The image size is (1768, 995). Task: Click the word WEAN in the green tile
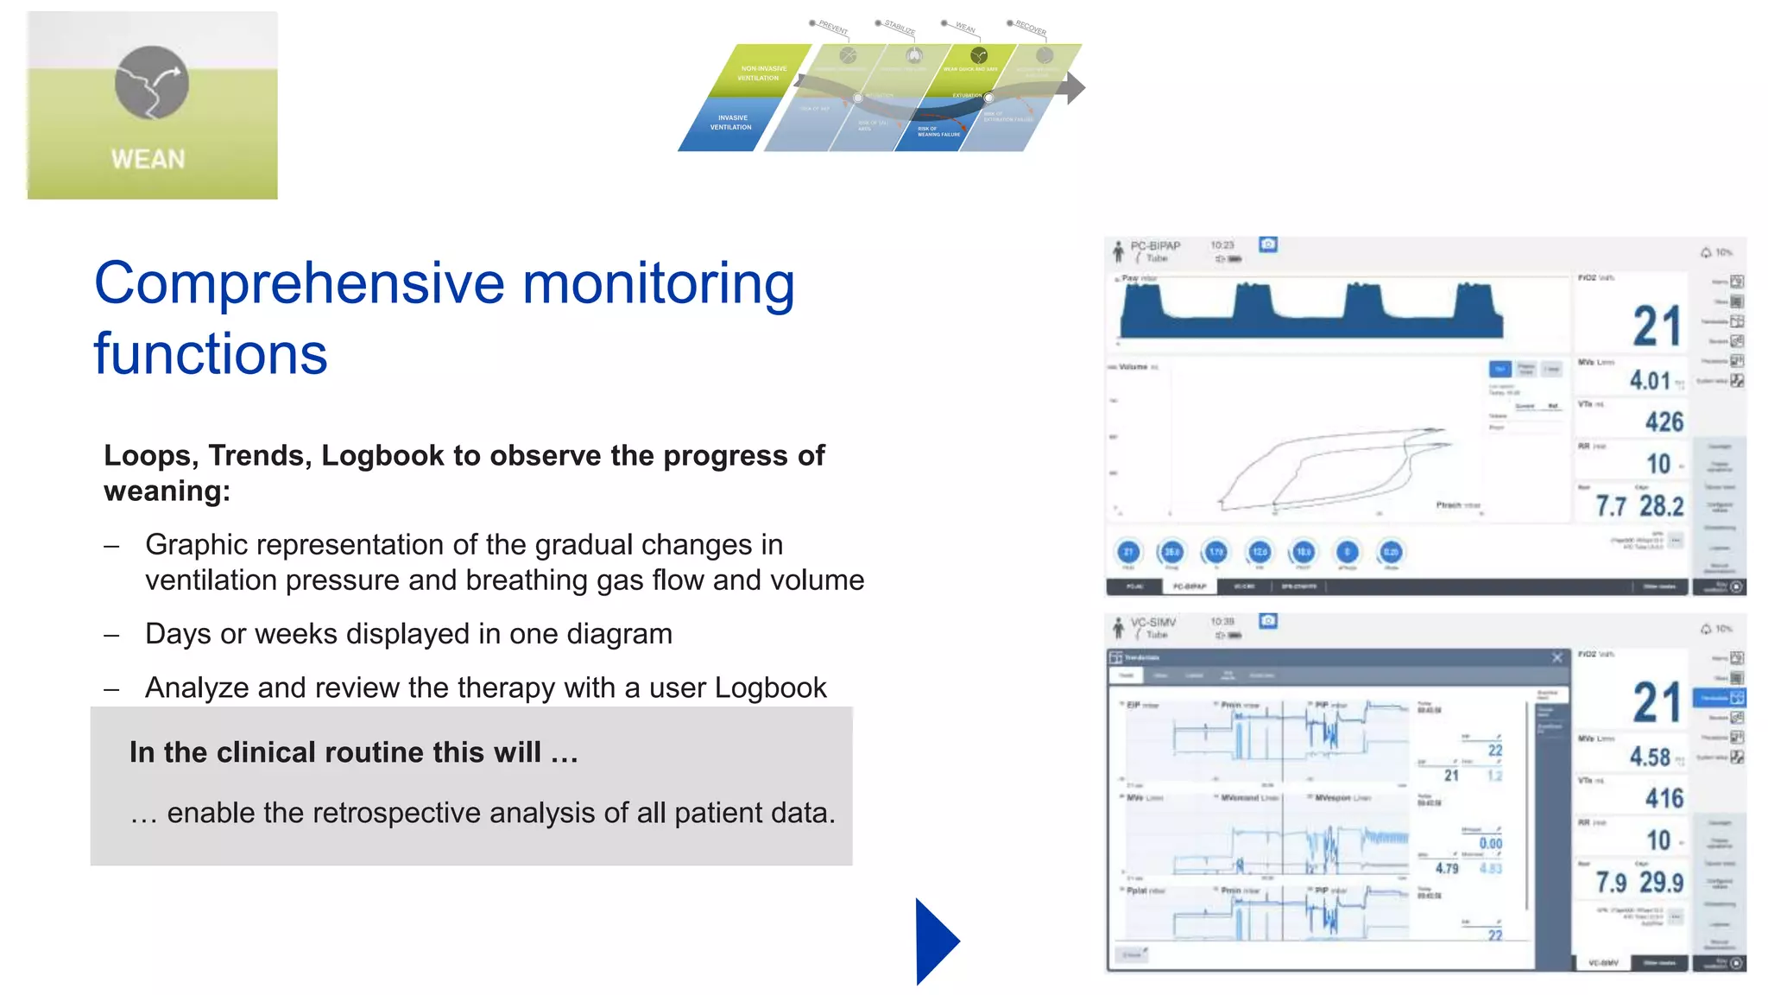tap(148, 160)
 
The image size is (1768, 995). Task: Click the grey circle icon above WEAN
tap(152, 83)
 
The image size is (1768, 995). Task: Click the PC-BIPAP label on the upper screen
tap(1155, 246)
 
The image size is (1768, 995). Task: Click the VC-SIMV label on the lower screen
tap(1153, 623)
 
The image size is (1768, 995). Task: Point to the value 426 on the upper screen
tap(1664, 421)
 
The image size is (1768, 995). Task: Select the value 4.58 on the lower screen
tap(1650, 757)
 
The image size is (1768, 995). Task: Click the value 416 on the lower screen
tap(1664, 798)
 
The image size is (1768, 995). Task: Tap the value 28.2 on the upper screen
tap(1661, 506)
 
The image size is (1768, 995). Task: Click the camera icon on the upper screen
tap(1268, 245)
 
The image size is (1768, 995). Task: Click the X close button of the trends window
tap(1557, 658)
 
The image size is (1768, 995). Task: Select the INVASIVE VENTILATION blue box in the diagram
tap(730, 123)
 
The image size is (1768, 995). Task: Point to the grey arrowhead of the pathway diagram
tap(1075, 87)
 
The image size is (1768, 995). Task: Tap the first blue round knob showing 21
tap(1128, 552)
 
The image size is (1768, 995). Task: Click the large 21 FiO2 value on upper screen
tap(1656, 326)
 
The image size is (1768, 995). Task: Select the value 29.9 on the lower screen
tap(1661, 883)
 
